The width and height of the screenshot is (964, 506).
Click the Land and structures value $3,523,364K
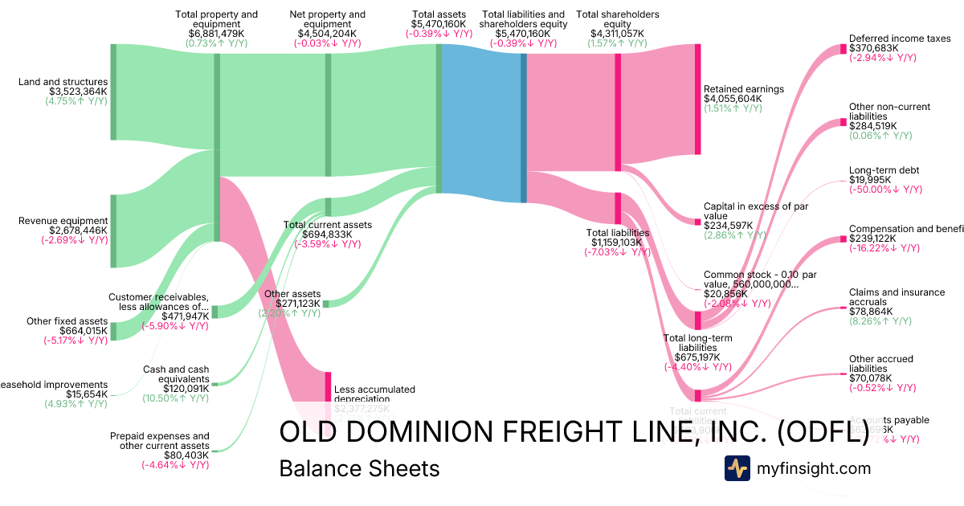point(78,92)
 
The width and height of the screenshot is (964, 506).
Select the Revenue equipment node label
point(63,221)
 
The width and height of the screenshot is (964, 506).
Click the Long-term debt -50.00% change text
point(885,190)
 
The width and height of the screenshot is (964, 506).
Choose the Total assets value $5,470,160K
point(439,24)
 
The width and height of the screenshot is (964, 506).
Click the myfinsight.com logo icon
point(737,468)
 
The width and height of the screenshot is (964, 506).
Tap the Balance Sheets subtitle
point(359,468)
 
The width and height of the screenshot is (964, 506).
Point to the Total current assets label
point(328,225)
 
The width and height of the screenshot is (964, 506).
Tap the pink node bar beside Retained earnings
point(698,100)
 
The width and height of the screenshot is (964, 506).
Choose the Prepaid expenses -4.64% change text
point(175,465)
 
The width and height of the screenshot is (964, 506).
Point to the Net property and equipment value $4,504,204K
point(328,34)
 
